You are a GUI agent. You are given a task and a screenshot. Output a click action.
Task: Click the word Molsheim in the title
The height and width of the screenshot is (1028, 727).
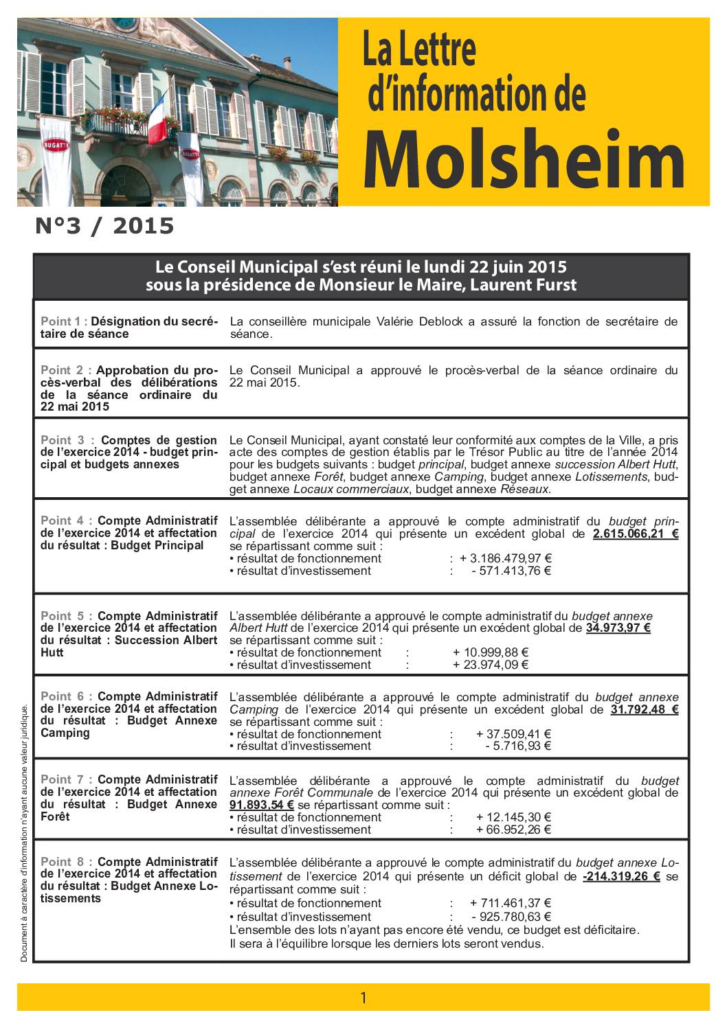pos(524,161)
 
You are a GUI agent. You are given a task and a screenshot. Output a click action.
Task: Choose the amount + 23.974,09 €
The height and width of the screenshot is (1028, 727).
pos(490,664)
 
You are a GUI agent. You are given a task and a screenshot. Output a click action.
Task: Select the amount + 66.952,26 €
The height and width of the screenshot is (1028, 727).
pos(513,830)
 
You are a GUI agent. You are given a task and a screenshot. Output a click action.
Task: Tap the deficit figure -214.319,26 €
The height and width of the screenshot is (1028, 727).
pos(620,876)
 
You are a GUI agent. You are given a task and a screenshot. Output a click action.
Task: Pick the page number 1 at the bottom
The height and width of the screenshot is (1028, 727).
pos(363,998)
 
